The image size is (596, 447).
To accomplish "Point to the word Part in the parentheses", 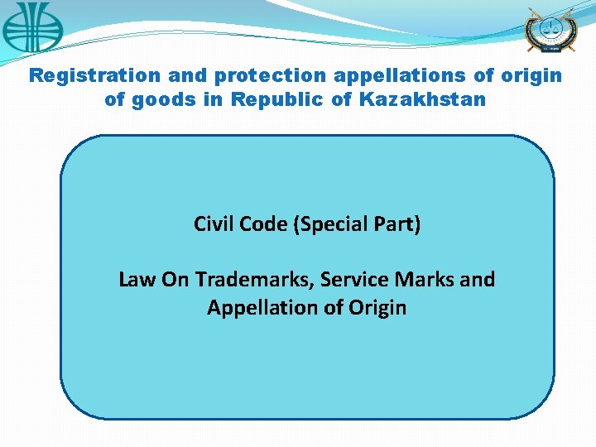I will pos(398,224).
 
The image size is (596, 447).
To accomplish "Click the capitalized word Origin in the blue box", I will pos(377,309).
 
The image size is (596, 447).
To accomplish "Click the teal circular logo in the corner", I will pos(31,26).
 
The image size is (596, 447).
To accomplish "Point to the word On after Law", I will pos(175,280).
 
